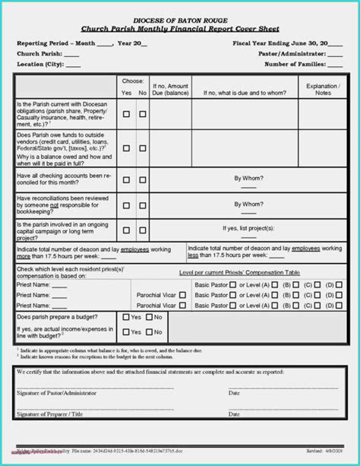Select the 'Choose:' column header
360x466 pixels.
coord(133,80)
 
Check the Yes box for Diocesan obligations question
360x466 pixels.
coord(127,114)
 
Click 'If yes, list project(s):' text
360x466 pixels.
coord(248,227)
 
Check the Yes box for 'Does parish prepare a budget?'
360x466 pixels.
coord(126,317)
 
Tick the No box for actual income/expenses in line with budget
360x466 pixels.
coord(150,332)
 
